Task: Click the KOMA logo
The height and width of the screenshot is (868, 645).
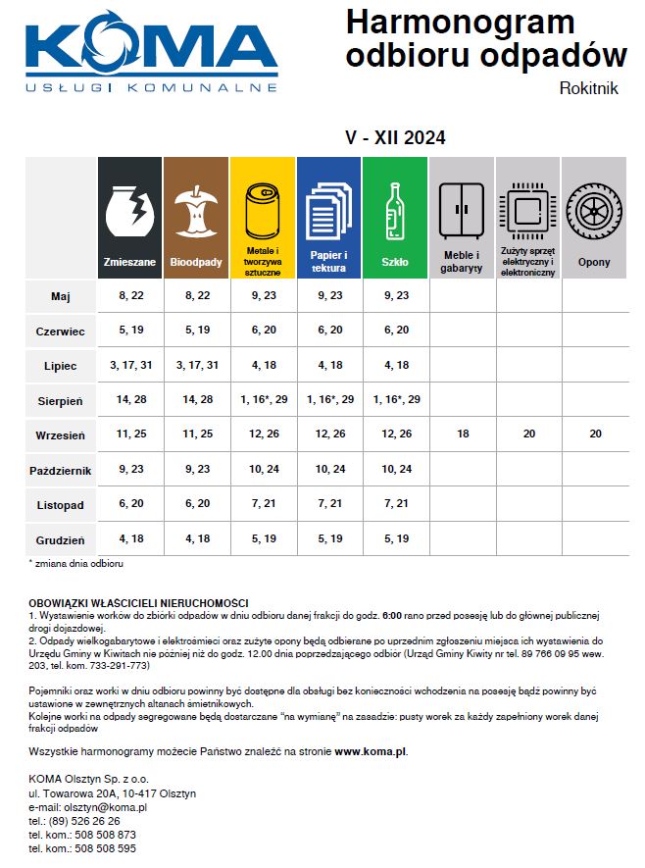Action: pyautogui.click(x=151, y=54)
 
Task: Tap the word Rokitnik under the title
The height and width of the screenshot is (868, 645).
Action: pyautogui.click(x=588, y=88)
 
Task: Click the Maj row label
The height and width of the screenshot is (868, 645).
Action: pyautogui.click(x=61, y=295)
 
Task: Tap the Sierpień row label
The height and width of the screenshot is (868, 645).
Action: pyautogui.click(x=61, y=400)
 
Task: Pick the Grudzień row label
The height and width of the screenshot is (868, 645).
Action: pyautogui.click(x=61, y=539)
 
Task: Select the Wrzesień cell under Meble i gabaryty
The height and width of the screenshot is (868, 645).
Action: pyautogui.click(x=462, y=434)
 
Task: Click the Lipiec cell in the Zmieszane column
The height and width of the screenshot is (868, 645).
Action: pyautogui.click(x=129, y=365)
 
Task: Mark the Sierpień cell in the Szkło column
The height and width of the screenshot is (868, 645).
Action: pyautogui.click(x=395, y=400)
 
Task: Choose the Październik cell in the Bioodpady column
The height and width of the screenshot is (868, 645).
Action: pyautogui.click(x=196, y=470)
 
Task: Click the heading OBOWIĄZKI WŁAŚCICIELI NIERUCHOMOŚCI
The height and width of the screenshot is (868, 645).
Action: pyautogui.click(x=138, y=602)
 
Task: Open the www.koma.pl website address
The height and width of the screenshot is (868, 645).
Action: pyautogui.click(x=370, y=752)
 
